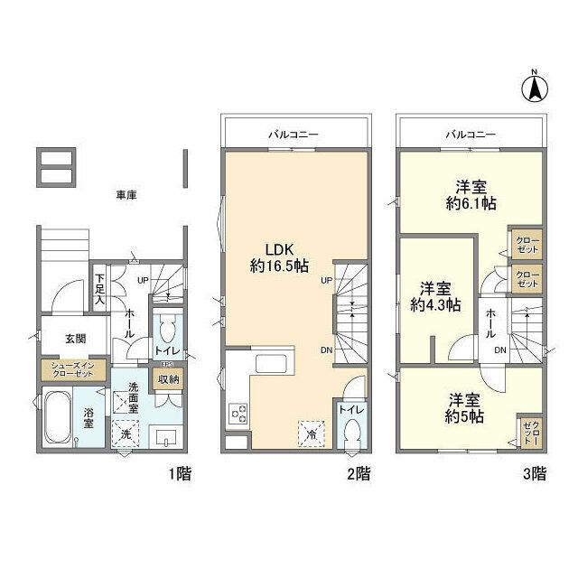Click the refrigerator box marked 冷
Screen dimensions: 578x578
click(311, 433)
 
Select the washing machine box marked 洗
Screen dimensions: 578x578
click(126, 433)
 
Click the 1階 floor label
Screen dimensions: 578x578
click(179, 472)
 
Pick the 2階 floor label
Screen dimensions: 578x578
click(358, 472)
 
